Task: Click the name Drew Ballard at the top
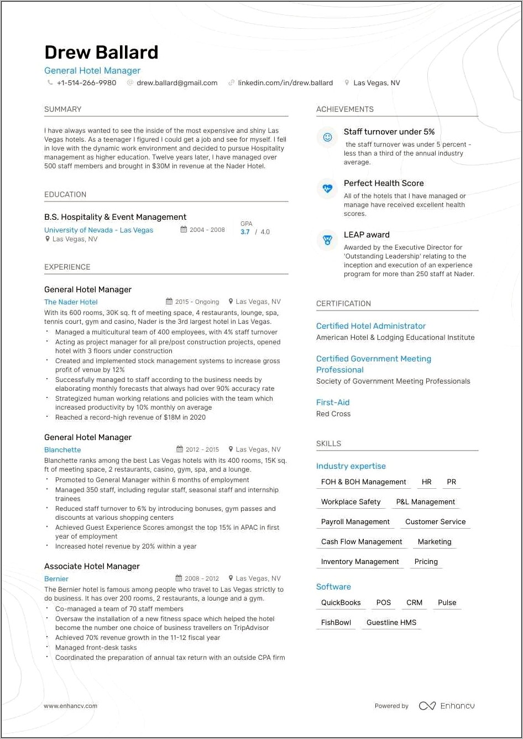point(101,52)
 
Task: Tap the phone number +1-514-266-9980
point(86,83)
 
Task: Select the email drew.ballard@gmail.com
point(177,83)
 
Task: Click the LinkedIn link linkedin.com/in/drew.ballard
point(285,83)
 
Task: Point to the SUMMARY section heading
point(63,109)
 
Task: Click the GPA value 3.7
point(245,232)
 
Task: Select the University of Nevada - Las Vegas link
point(98,230)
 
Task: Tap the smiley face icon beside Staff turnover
point(327,137)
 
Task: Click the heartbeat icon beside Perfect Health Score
point(327,188)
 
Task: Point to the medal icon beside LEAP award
point(327,240)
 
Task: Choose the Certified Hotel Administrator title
point(371,326)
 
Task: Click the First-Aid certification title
point(333,402)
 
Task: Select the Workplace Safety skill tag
point(351,502)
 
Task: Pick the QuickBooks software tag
point(341,603)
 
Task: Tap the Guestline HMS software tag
point(391,623)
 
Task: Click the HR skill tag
point(426,482)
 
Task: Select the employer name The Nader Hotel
point(71,302)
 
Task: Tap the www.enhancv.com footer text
point(71,706)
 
